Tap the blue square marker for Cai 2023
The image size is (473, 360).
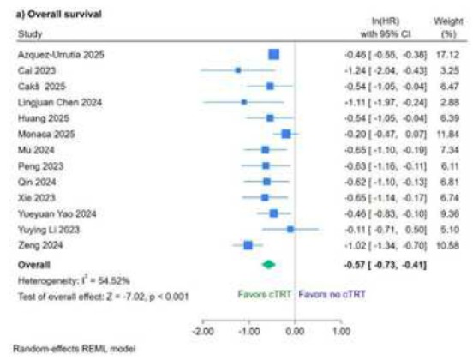pos(238,70)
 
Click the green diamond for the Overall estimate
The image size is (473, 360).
pos(269,266)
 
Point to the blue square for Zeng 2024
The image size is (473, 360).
pos(248,245)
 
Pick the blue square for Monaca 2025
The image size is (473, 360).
pos(286,134)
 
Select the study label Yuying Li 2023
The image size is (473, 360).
pos(47,229)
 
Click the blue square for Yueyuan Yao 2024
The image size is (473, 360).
pos(273,213)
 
